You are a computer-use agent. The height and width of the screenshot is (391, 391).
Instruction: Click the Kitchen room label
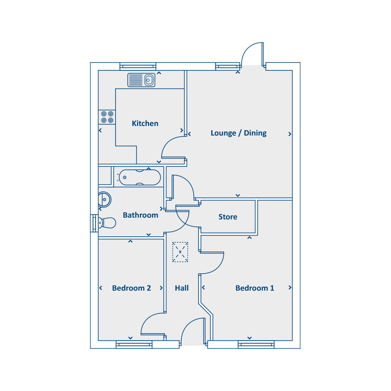pyautogui.click(x=145, y=123)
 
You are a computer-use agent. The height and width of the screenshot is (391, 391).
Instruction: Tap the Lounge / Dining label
pyautogui.click(x=239, y=133)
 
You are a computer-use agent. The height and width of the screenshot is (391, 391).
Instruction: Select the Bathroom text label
pyautogui.click(x=140, y=215)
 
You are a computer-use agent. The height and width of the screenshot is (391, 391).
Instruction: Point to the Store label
pyautogui.click(x=228, y=217)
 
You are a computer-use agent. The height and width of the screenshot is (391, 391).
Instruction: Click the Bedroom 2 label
pyautogui.click(x=131, y=288)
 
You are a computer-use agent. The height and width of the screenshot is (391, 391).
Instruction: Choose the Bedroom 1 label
pyautogui.click(x=255, y=288)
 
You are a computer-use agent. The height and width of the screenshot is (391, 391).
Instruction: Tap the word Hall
pyautogui.click(x=182, y=288)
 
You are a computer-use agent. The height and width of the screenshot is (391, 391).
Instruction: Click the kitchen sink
pyautogui.click(x=141, y=80)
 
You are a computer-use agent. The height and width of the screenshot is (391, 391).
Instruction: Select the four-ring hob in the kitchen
pyautogui.click(x=107, y=117)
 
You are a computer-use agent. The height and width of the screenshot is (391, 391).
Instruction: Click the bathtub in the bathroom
pyautogui.click(x=139, y=178)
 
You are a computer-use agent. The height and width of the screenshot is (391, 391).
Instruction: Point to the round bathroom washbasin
pyautogui.click(x=104, y=199)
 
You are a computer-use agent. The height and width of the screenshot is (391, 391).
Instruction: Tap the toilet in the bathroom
pyautogui.click(x=107, y=223)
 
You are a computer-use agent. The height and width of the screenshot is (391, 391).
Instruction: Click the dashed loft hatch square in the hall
pyautogui.click(x=180, y=252)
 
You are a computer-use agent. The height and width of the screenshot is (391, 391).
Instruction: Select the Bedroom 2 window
pyautogui.click(x=134, y=345)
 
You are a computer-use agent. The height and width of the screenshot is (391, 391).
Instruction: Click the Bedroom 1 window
pyautogui.click(x=256, y=345)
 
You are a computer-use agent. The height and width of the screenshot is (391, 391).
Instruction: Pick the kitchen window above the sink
pyautogui.click(x=138, y=66)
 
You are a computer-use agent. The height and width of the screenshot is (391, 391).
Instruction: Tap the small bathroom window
pyautogui.click(x=94, y=223)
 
